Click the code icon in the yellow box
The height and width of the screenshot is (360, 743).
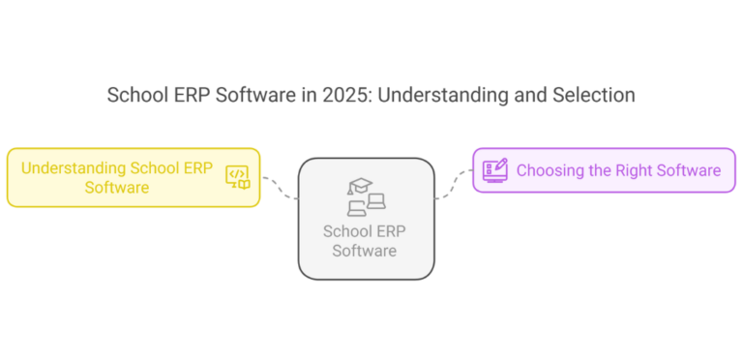click(x=237, y=176)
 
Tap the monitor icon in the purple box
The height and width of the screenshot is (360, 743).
click(x=494, y=170)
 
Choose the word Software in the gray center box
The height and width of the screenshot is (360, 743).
click(x=365, y=251)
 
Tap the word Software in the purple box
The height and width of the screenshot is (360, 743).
click(x=689, y=170)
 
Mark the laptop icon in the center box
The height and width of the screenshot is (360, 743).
click(x=375, y=203)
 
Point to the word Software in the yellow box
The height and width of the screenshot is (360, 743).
click(x=116, y=187)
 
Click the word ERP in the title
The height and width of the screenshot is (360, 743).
click(x=189, y=96)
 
